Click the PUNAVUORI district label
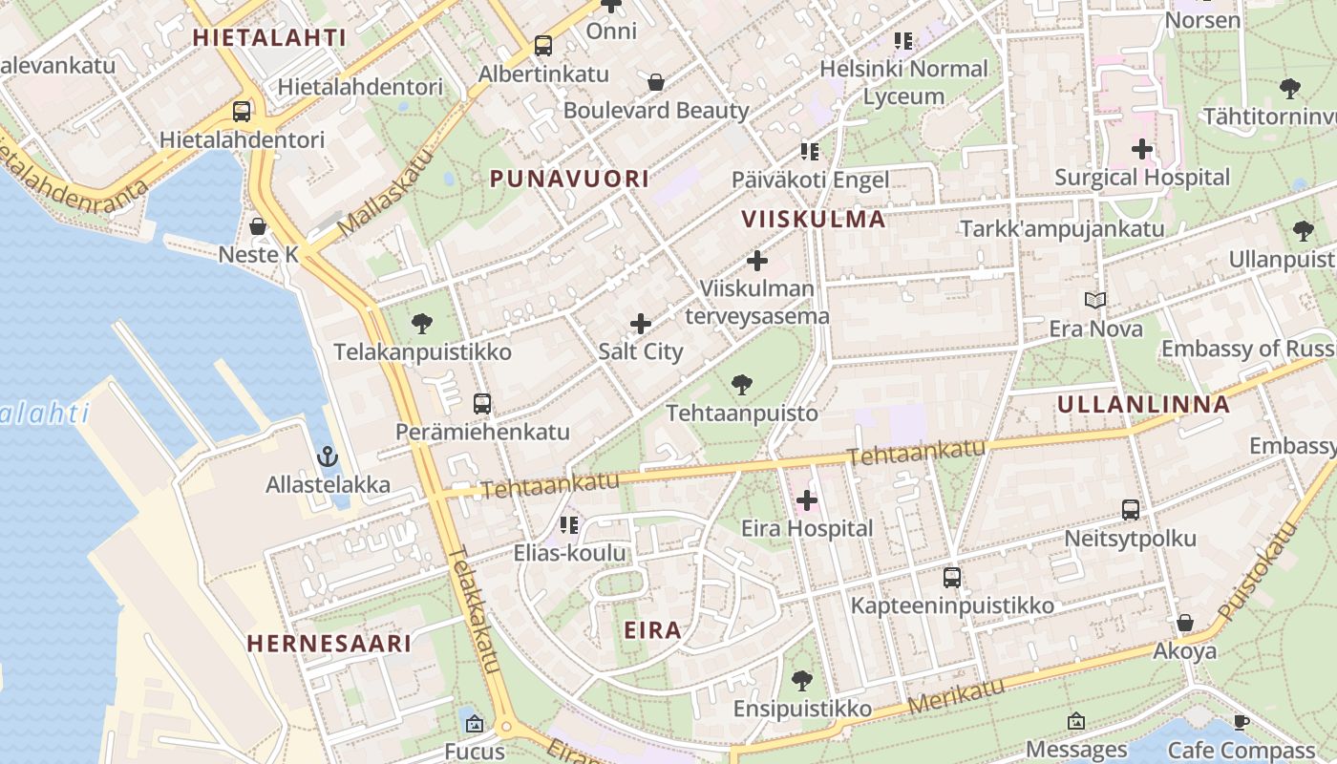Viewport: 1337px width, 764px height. pyautogui.click(x=569, y=179)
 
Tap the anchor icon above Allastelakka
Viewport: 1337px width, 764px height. pyautogui.click(x=328, y=456)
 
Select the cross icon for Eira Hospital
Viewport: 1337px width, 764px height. pyautogui.click(x=807, y=499)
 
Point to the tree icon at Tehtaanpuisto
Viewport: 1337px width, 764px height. pyautogui.click(x=741, y=386)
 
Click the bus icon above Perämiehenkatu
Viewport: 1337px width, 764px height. pyautogui.click(x=482, y=404)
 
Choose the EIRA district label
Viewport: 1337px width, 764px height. pyautogui.click(x=653, y=630)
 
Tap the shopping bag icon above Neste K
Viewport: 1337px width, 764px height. pyautogui.click(x=258, y=226)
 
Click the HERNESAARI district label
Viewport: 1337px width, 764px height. pyautogui.click(x=329, y=644)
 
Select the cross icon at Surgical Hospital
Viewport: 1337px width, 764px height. pyautogui.click(x=1142, y=149)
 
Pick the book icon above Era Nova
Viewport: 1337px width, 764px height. pyautogui.click(x=1095, y=300)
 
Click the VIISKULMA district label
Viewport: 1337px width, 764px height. pyautogui.click(x=814, y=220)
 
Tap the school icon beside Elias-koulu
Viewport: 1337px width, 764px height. pyautogui.click(x=570, y=524)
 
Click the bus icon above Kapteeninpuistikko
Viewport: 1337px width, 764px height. pyautogui.click(x=952, y=578)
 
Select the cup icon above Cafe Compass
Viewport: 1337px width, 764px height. pyautogui.click(x=1241, y=722)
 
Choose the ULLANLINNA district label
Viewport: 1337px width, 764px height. pyautogui.click(x=1143, y=404)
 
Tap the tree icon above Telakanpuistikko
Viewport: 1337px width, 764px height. pyautogui.click(x=422, y=324)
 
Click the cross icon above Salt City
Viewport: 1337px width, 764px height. pyautogui.click(x=641, y=324)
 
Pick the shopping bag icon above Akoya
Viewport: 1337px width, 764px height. pyautogui.click(x=1185, y=623)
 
